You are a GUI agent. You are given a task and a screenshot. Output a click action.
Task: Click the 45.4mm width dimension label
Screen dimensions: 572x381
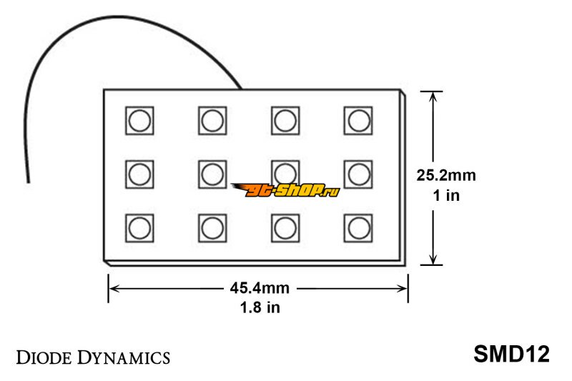(260, 288)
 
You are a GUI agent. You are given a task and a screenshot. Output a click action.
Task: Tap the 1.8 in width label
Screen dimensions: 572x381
(260, 307)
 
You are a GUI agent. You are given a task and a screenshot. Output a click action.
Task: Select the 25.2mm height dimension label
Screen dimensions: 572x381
(446, 175)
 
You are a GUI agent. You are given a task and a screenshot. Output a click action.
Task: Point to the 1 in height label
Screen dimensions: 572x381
(446, 195)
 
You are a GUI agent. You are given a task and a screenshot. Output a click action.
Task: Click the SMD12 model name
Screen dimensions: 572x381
(511, 354)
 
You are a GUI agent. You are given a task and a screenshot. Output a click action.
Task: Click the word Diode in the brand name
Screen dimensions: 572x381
(44, 357)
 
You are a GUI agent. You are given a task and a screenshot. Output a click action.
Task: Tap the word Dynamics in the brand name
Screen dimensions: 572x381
(124, 357)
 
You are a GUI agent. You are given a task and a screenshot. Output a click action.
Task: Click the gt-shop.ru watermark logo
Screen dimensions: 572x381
(285, 190)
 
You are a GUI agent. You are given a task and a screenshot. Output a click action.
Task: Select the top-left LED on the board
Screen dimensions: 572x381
(139, 121)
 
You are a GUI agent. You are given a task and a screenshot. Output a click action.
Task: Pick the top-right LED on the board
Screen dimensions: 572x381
(358, 121)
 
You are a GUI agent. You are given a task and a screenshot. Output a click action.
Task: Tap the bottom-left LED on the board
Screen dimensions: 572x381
(139, 228)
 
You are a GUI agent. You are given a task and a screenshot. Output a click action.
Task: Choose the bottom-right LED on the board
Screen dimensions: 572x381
(358, 228)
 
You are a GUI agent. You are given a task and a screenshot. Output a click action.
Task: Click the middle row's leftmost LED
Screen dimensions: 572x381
(139, 174)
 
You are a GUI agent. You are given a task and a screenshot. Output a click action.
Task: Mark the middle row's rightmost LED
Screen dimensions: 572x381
(358, 174)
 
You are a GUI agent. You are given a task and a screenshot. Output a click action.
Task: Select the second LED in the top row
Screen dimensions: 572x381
(212, 121)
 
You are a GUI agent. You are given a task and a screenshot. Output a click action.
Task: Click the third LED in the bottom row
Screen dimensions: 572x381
(285, 228)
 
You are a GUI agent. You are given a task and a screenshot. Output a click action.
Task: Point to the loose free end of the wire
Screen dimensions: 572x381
(28, 182)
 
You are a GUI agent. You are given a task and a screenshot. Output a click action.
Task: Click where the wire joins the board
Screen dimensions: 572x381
(240, 89)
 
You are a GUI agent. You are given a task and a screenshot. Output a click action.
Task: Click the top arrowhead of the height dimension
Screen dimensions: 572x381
(433, 96)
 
